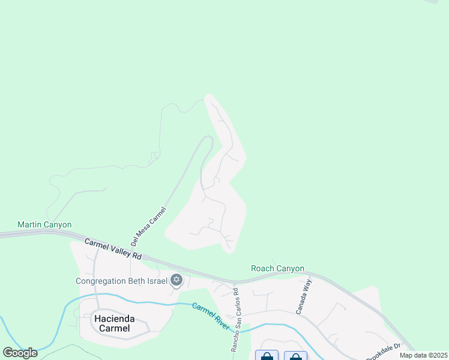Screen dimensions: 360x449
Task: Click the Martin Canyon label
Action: point(44,225)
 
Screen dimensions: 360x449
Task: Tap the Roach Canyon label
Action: point(277,268)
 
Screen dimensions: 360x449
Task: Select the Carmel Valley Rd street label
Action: point(113,249)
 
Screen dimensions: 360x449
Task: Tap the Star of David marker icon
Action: point(176,280)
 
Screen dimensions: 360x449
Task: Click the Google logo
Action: point(20,352)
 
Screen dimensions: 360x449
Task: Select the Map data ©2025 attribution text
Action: point(423,355)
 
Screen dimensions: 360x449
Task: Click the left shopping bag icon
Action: point(267,356)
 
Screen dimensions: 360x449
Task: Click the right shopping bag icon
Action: point(295,356)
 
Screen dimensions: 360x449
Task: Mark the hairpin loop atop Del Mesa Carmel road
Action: point(208,139)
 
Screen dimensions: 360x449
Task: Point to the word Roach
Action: point(262,268)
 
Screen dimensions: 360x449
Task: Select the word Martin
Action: point(30,225)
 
